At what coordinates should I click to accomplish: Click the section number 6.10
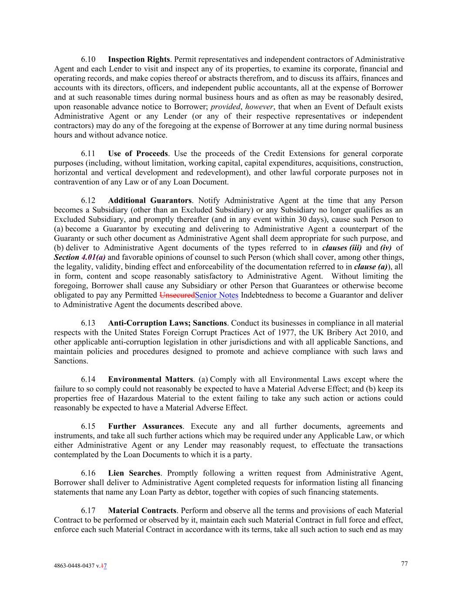click(88, 59)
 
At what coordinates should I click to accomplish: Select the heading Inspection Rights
click(139, 59)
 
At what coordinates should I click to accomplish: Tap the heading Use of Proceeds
click(137, 153)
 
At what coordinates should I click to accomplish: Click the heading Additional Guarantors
click(150, 201)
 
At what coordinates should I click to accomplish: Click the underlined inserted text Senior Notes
click(217, 295)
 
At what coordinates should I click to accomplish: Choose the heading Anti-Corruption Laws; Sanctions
click(167, 323)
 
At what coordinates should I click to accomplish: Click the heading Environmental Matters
click(150, 379)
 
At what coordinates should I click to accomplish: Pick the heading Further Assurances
click(145, 426)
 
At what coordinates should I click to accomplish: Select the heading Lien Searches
click(134, 473)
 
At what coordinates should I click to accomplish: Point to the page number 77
click(404, 564)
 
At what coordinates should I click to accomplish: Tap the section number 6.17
click(88, 510)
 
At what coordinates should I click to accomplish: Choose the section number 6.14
click(88, 379)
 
